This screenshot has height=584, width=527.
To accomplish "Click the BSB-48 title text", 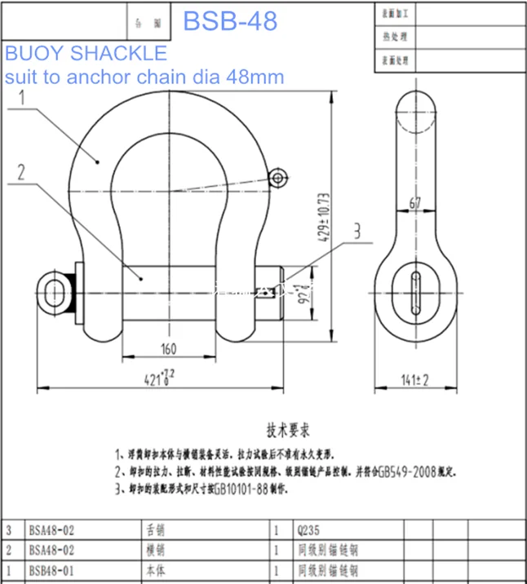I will coord(230,20).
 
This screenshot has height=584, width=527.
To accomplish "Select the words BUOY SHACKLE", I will coord(86,54).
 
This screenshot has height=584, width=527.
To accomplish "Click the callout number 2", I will coord(22,171).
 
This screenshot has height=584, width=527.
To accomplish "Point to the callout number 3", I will coord(356,232).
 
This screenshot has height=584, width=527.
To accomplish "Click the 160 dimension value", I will coord(168,349).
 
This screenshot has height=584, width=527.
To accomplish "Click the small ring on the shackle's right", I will coord(278,176).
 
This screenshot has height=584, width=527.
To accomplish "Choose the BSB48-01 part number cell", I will coord(51,569).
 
